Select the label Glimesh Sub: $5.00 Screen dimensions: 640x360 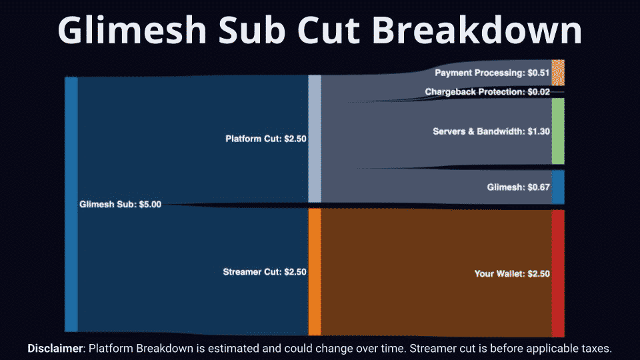click(x=121, y=204)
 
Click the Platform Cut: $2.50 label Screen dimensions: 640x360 click(x=266, y=139)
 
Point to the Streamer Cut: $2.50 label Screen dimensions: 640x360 click(x=265, y=272)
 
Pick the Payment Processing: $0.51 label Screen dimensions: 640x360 click(x=492, y=73)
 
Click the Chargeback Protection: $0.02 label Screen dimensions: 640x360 click(x=487, y=92)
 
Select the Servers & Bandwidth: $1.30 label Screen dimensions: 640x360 click(x=491, y=131)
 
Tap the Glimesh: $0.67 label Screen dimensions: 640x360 click(x=519, y=187)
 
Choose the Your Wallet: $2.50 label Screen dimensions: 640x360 click(x=512, y=273)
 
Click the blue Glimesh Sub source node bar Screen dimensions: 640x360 click(x=71, y=204)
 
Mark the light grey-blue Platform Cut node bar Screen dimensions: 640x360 click(x=315, y=139)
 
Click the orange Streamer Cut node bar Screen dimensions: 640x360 click(x=315, y=272)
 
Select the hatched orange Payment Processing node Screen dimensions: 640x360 click(x=558, y=73)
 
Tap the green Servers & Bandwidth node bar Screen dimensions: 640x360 click(x=558, y=131)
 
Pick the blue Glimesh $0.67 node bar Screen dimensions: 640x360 click(x=558, y=187)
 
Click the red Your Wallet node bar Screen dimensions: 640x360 click(x=558, y=273)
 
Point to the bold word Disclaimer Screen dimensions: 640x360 click(x=55, y=349)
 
